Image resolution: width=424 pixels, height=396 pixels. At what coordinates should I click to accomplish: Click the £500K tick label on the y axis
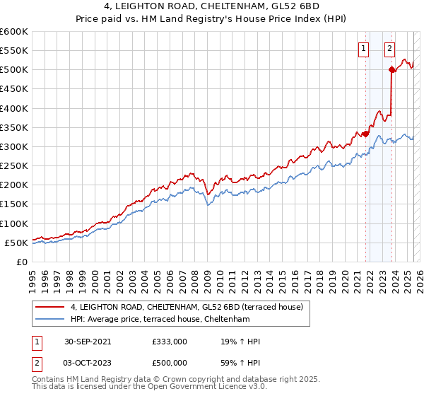(x=14, y=70)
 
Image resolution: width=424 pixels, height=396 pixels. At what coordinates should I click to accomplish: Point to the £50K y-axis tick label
(x=16, y=243)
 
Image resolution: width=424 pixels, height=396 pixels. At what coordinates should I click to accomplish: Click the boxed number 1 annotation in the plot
(x=363, y=49)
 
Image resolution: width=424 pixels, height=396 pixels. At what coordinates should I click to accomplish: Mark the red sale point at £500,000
(x=391, y=69)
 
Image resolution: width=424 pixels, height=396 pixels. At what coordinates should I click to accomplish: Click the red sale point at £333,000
(x=365, y=133)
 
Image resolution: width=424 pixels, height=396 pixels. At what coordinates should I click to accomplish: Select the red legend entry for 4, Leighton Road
(x=187, y=307)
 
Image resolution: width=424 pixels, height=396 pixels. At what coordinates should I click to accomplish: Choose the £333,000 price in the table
(x=170, y=341)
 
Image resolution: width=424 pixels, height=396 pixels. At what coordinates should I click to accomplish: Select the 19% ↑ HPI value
(x=241, y=341)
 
